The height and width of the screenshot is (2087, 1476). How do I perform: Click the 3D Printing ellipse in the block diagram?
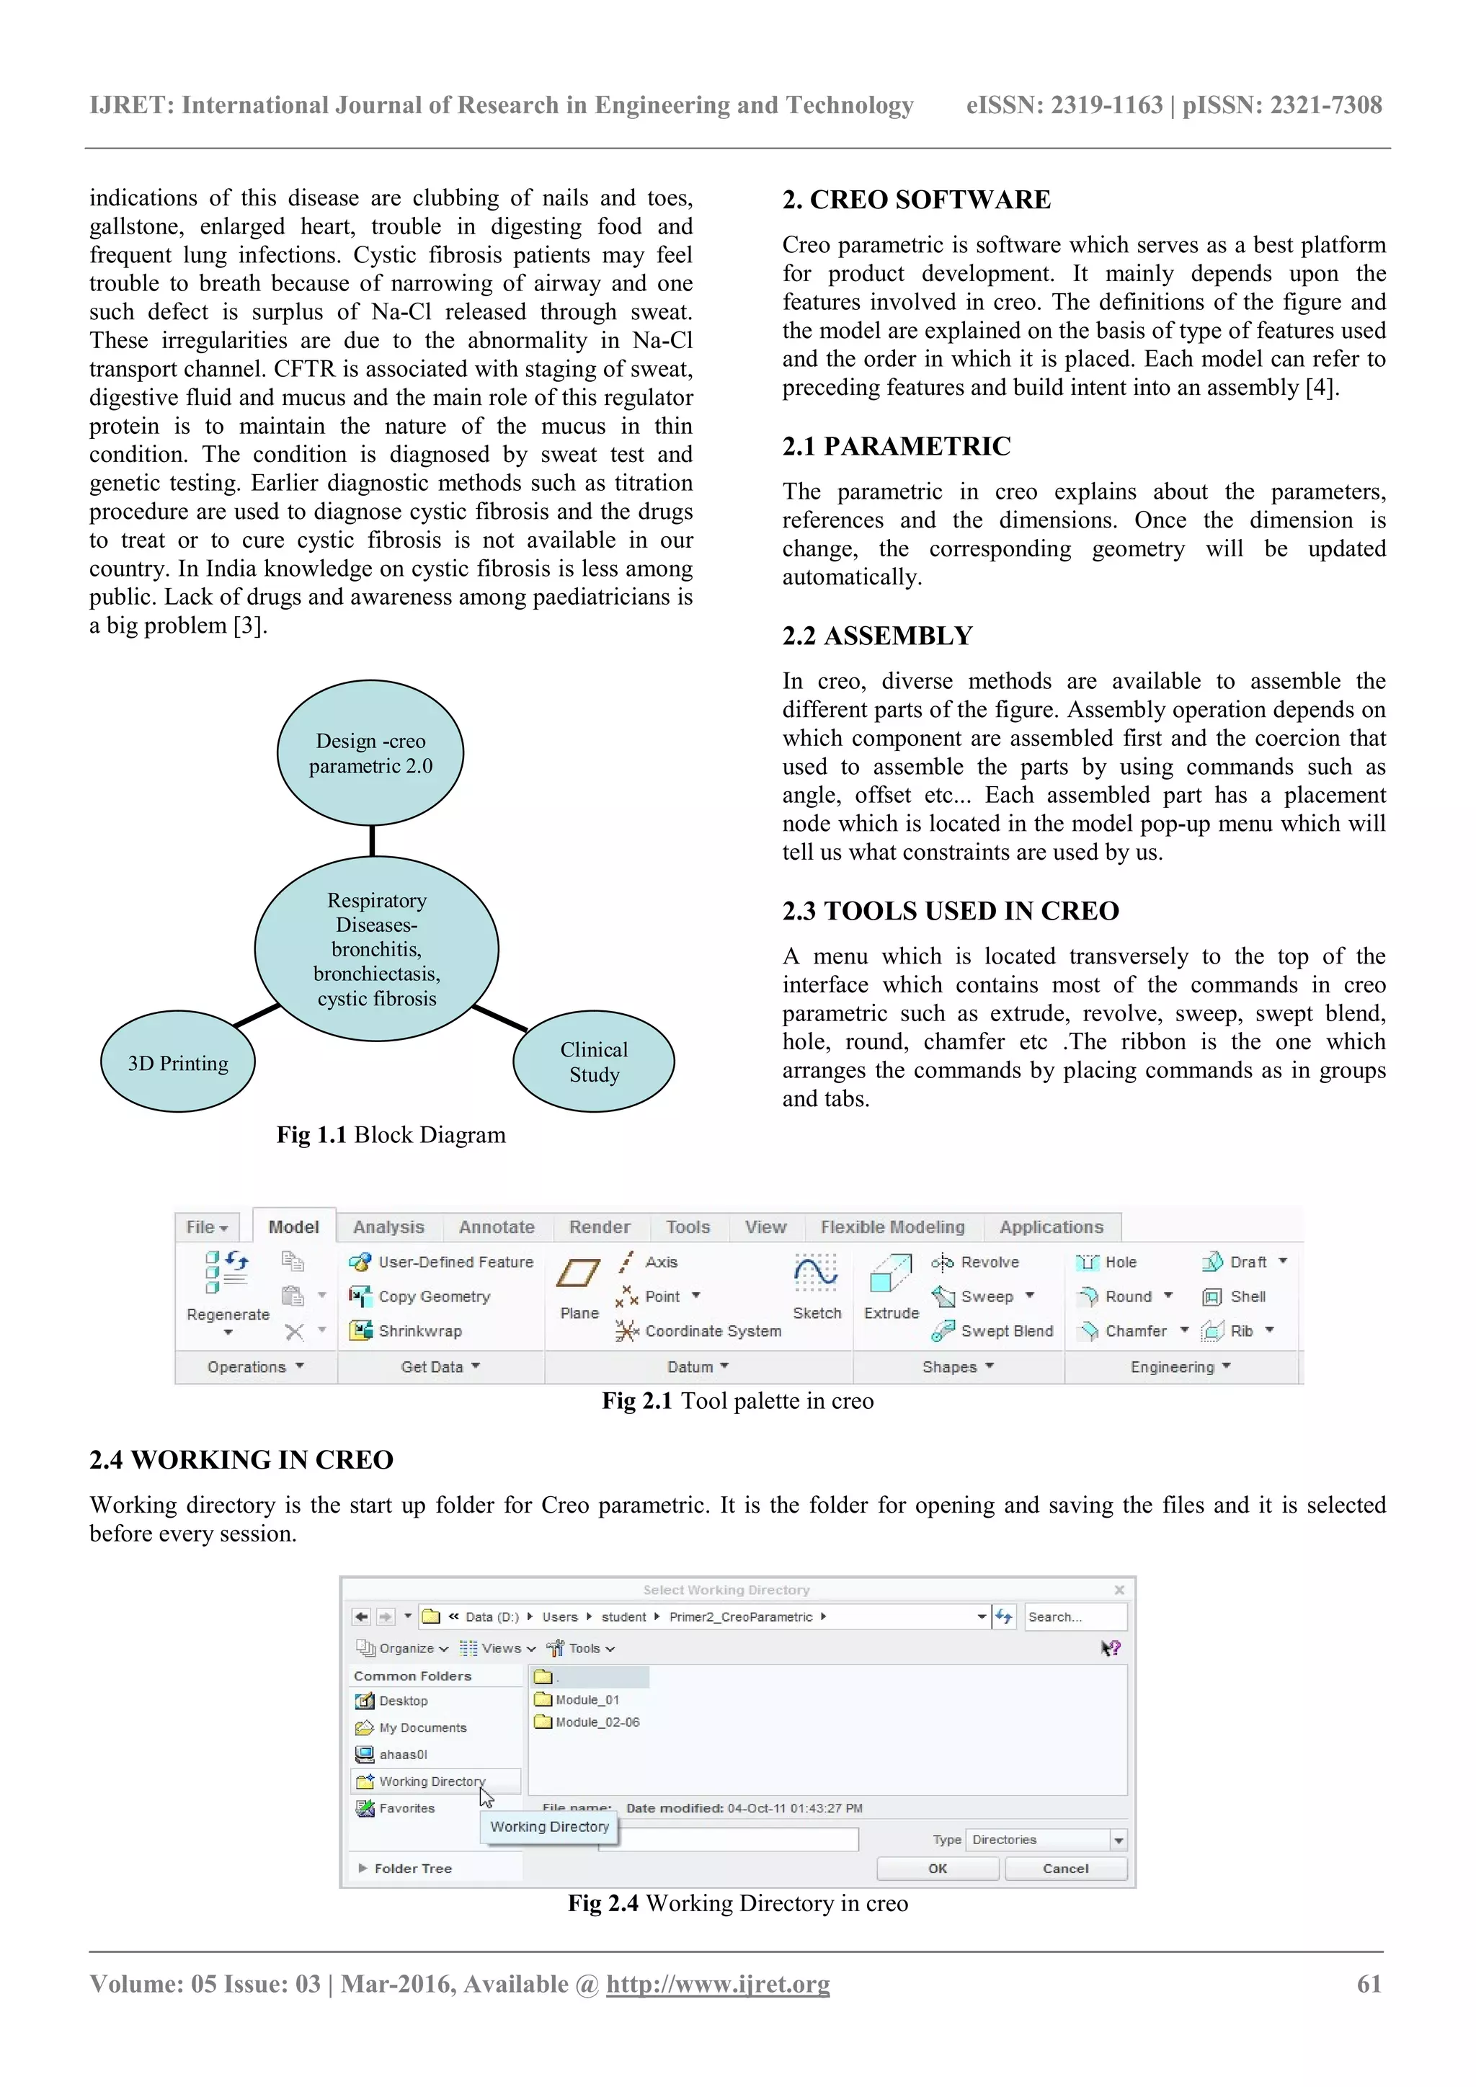pos(178,1062)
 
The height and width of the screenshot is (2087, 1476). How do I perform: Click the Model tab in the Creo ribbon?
pos(293,1227)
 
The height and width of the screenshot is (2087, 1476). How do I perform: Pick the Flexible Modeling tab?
pos(892,1227)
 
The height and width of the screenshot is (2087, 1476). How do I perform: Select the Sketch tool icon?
pos(816,1274)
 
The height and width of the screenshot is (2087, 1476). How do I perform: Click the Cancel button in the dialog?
pos(1065,1869)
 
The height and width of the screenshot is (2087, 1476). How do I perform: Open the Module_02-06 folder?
pos(596,1722)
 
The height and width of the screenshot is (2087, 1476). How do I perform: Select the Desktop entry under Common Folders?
pos(403,1701)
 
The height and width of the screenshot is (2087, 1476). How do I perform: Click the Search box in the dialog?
pos(1075,1617)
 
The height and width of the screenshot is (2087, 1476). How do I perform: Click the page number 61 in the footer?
pos(1369,1984)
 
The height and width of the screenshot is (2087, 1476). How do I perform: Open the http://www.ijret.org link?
pos(718,1984)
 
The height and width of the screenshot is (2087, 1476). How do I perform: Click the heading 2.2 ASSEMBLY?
pos(877,636)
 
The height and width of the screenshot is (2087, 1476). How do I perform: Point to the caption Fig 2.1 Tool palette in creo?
pos(738,1401)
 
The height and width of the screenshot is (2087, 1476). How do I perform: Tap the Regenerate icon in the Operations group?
pos(226,1273)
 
